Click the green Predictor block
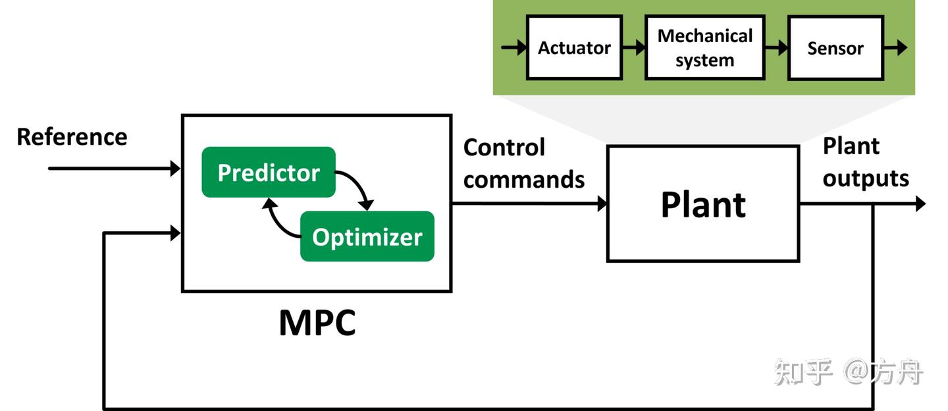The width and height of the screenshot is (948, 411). point(269,173)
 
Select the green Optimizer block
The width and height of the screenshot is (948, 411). point(367,236)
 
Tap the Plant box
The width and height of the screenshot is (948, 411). point(702,204)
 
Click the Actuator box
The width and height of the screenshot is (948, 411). point(574,48)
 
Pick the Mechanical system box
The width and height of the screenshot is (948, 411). point(704,48)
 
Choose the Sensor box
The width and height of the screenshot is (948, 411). point(835,48)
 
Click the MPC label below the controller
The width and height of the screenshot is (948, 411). point(317,322)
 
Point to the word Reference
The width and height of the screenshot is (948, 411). point(72,137)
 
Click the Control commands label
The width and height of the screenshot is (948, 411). point(523,163)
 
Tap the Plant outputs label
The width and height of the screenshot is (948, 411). point(865,162)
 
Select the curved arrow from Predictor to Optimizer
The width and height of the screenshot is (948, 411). point(359,188)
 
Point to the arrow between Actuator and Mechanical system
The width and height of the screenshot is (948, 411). point(633,47)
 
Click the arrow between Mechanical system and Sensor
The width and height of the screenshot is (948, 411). point(776,47)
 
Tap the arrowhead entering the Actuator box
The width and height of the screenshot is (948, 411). point(520,47)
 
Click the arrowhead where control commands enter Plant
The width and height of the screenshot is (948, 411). point(601,204)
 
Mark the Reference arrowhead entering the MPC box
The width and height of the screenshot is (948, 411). point(175,168)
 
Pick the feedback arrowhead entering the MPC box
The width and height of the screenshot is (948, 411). point(175,233)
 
